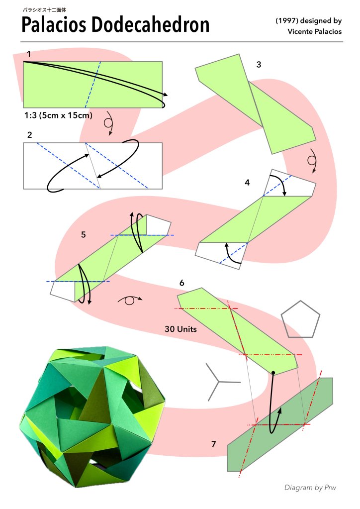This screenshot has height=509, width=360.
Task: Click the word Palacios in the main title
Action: pyautogui.click(x=54, y=25)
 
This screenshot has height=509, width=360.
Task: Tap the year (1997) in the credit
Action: pyautogui.click(x=287, y=21)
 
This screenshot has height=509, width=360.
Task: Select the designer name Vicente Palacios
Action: pyautogui.click(x=315, y=31)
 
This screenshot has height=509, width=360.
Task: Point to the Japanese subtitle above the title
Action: pyautogui.click(x=44, y=10)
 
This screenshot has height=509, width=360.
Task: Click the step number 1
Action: pyautogui.click(x=29, y=54)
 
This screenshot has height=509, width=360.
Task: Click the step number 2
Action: pyautogui.click(x=29, y=135)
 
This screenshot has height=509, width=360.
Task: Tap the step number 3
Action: pyautogui.click(x=259, y=65)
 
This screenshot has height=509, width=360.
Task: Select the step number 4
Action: pyautogui.click(x=247, y=183)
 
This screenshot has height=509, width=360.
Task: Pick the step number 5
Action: pyautogui.click(x=84, y=235)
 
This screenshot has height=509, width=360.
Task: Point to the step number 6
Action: pyautogui.click(x=181, y=283)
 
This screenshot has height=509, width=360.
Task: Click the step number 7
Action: pyautogui.click(x=213, y=444)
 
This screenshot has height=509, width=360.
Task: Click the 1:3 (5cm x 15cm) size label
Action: pyautogui.click(x=58, y=115)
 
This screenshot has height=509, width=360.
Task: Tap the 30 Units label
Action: pyautogui.click(x=180, y=329)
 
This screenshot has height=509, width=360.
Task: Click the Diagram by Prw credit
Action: pyautogui.click(x=310, y=488)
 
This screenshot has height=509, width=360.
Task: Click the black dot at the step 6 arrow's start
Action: pyautogui.click(x=273, y=373)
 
